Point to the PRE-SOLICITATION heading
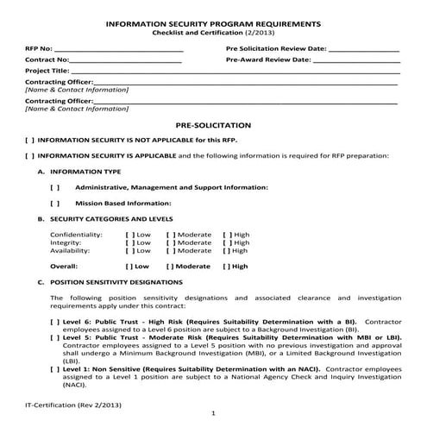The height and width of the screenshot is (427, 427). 212,125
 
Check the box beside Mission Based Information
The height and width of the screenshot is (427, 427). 55,203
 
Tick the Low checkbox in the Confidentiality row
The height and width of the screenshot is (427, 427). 129,234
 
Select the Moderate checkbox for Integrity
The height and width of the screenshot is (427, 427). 170,242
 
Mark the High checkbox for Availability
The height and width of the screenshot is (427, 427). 227,250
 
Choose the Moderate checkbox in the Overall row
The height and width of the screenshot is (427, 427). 170,267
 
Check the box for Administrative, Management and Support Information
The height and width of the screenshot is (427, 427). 55,187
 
